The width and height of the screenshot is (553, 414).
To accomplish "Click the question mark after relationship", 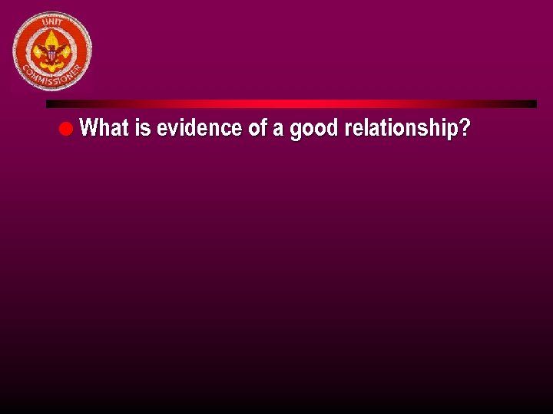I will click(464, 128).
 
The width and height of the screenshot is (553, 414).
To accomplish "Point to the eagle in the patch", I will click(52, 52).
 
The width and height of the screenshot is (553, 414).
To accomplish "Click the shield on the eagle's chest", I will click(52, 54).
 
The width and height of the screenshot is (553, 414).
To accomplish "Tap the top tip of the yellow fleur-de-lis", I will click(52, 33).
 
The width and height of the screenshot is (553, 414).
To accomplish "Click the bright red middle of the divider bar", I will click(292, 103).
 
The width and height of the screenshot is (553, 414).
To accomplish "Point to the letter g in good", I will click(296, 130).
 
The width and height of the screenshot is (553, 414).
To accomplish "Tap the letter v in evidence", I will click(171, 129).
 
